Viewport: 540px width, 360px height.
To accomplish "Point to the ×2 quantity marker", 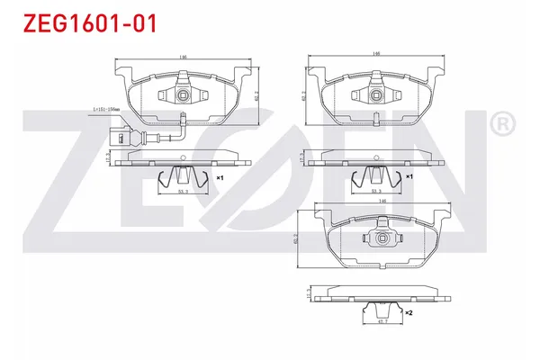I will [x=409, y=313].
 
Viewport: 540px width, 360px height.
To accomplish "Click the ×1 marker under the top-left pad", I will [x=219, y=178].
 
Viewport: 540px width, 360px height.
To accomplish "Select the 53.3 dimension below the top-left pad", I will [x=183, y=192].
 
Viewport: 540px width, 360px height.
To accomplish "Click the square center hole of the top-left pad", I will [x=183, y=93].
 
